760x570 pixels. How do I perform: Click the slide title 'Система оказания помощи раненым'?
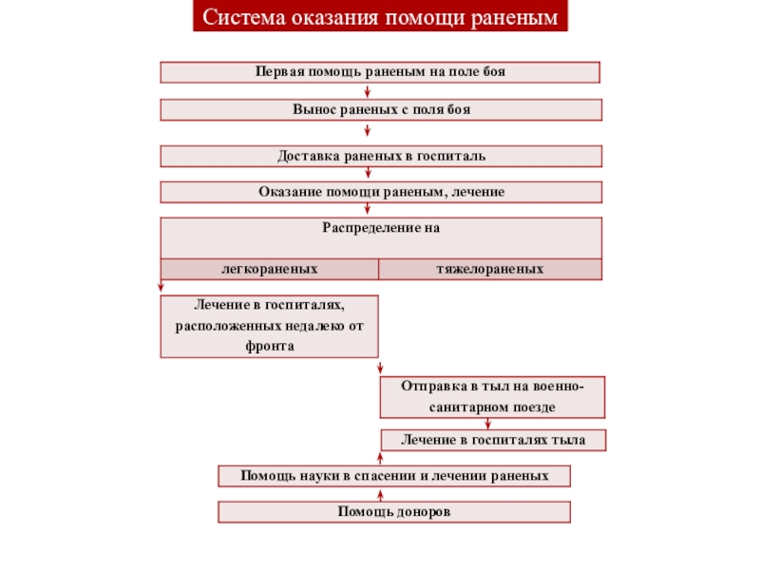click(x=380, y=18)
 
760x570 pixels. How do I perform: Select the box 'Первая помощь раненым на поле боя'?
click(x=380, y=72)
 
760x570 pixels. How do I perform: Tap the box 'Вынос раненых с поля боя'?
click(x=380, y=110)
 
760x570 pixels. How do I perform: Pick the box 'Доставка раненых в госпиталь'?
click(x=380, y=156)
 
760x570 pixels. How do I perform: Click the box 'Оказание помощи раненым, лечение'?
click(x=380, y=192)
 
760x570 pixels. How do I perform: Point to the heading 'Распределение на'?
click(x=380, y=229)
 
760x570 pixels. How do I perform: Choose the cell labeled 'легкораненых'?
click(x=269, y=270)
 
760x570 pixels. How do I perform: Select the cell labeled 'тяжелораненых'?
click(x=490, y=270)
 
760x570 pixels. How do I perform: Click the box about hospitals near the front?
click(x=269, y=326)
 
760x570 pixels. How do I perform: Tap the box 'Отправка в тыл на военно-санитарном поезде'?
click(x=491, y=397)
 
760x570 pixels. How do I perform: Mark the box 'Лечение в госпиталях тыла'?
click(x=491, y=440)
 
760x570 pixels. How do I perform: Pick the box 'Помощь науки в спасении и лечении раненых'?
click(x=394, y=475)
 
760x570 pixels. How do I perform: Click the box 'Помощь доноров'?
click(x=394, y=512)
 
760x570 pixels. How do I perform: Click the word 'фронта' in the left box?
click(x=270, y=347)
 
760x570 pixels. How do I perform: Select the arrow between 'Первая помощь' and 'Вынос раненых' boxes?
click(x=380, y=91)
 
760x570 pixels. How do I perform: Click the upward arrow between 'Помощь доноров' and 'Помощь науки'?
click(x=380, y=494)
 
